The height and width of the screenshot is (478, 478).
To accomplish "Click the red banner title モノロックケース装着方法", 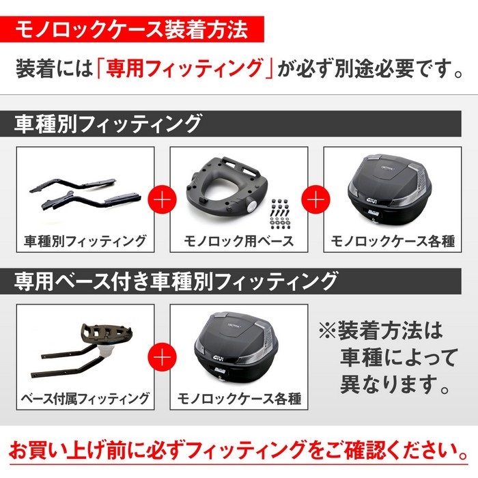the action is coord(132,29).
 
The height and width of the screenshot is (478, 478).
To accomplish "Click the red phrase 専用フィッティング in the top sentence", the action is coord(184,68).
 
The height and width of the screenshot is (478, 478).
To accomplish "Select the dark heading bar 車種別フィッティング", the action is coord(231,124).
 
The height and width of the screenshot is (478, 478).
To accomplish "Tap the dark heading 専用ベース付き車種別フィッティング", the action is coord(231,281).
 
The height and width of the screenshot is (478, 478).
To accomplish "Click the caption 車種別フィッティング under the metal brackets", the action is coord(85,241).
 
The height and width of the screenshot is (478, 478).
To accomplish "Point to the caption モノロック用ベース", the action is coord(239,241).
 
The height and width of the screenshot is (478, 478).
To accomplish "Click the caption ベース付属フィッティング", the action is coord(85,399).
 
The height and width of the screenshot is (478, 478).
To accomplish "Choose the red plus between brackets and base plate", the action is coord(163,199).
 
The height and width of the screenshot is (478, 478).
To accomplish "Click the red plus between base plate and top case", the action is coord(315,199).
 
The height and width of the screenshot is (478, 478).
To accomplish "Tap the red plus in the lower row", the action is coord(163,357).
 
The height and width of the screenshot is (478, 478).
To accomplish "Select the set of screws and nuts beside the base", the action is coord(279,213).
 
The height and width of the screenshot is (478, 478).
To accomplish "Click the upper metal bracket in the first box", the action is coord(73,184).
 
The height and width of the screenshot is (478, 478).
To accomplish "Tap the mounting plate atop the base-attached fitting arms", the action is coord(107,333).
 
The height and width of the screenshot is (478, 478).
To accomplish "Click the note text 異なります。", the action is coord(395,384).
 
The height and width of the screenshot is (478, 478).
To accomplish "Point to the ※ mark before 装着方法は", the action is coord(328,331).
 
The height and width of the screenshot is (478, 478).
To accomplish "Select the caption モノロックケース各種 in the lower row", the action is coord(239,399).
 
